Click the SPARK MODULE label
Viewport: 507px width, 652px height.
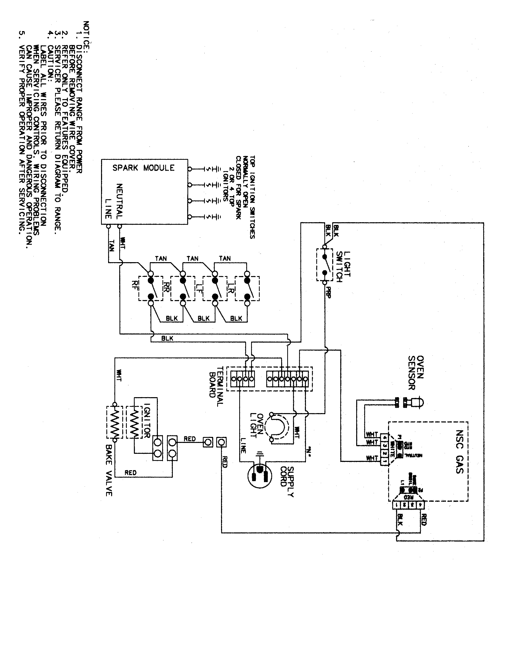(143, 168)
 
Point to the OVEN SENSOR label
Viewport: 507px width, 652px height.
(416, 373)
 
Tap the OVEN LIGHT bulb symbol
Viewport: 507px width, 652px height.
(278, 427)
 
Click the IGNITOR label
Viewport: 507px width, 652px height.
(147, 421)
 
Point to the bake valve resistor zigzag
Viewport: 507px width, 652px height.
(114, 422)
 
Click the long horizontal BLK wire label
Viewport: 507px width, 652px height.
(167, 338)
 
